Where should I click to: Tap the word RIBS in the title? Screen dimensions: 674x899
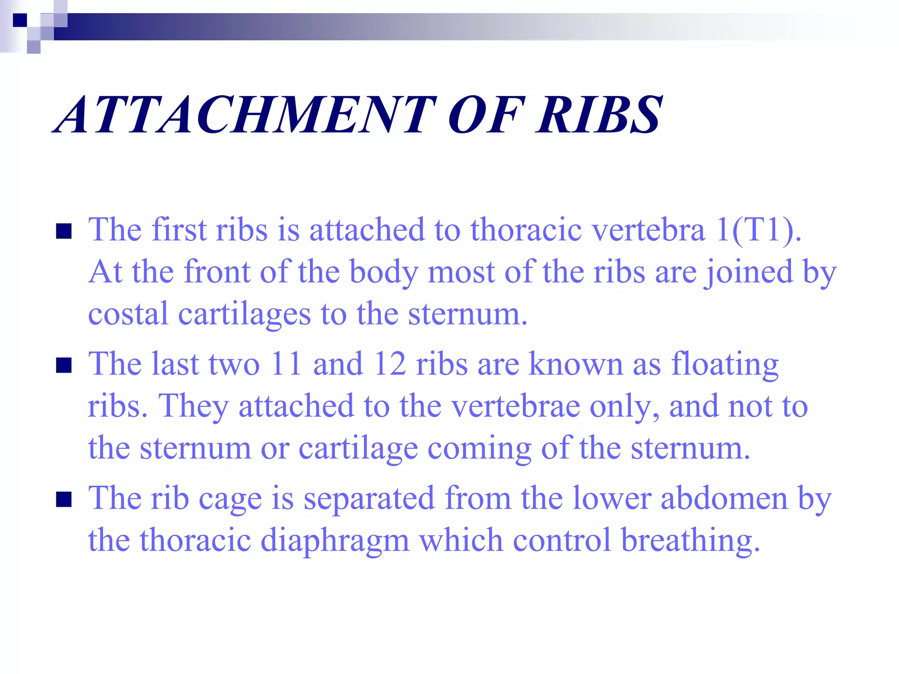tap(599, 115)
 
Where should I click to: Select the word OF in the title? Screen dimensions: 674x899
tap(485, 115)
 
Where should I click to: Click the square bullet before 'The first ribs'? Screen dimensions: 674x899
tap(64, 231)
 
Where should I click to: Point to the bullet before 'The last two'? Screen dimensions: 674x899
tap(64, 365)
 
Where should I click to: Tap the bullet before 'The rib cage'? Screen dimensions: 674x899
tap(64, 499)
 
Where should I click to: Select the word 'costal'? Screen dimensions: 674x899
tap(128, 314)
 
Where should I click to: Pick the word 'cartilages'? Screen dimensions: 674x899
tap(244, 315)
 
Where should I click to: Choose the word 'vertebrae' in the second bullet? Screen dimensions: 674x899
tap(515, 406)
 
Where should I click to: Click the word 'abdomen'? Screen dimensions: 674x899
tap(724, 498)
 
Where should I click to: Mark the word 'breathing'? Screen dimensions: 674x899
tap(690, 541)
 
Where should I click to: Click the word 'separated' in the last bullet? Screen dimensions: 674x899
tap(369, 498)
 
